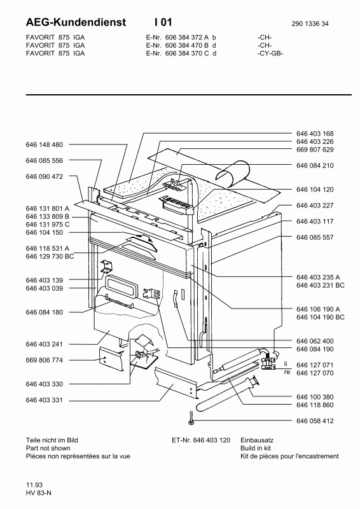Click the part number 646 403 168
point(315,134)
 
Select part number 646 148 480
point(44,144)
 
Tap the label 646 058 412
point(315,421)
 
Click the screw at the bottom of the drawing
point(191,417)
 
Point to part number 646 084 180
point(44,312)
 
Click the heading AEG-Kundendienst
point(76,22)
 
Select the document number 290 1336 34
point(310,24)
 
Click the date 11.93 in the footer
point(34,485)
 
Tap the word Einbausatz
point(257,440)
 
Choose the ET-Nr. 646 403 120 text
point(201,440)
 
